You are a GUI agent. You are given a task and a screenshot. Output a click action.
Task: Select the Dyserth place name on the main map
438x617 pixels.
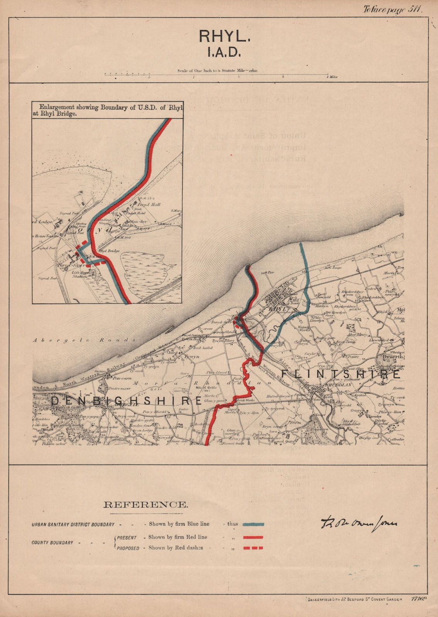tap(391, 357)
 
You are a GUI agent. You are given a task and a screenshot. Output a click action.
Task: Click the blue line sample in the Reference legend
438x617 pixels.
tap(251, 524)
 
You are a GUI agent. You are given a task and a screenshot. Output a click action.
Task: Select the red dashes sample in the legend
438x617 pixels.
tap(253, 548)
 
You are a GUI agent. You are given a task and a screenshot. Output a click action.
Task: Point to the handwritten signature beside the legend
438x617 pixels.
tap(359, 523)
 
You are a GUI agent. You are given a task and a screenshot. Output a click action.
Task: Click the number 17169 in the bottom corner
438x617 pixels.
tap(419, 599)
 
